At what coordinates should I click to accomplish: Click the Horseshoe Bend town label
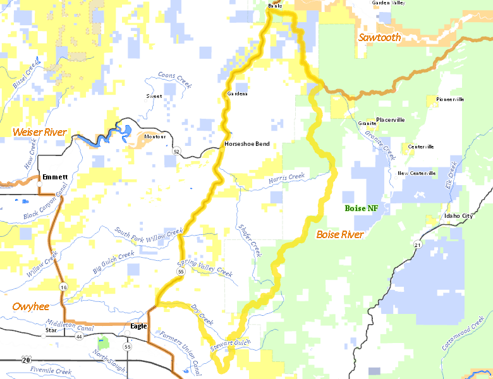pyautogui.click(x=246, y=144)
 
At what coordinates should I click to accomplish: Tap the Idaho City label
pyautogui.click(x=458, y=217)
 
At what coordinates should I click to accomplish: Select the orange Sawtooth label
pyautogui.click(x=379, y=37)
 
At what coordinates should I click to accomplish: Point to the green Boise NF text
pyautogui.click(x=361, y=208)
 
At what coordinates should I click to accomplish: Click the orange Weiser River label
pyautogui.click(x=40, y=132)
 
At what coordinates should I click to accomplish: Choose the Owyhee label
pyautogui.click(x=30, y=306)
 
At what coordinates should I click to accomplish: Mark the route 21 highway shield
pyautogui.click(x=418, y=244)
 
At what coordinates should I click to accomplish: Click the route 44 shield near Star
pyautogui.click(x=79, y=337)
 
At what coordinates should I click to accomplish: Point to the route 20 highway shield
pyautogui.click(x=25, y=359)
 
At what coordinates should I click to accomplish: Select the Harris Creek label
pyautogui.click(x=286, y=178)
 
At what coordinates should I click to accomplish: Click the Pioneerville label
pyautogui.click(x=450, y=99)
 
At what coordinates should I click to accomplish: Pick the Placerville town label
pyautogui.click(x=390, y=119)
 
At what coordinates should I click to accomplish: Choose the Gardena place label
pyautogui.click(x=237, y=93)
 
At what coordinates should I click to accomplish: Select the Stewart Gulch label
pyautogui.click(x=231, y=343)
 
